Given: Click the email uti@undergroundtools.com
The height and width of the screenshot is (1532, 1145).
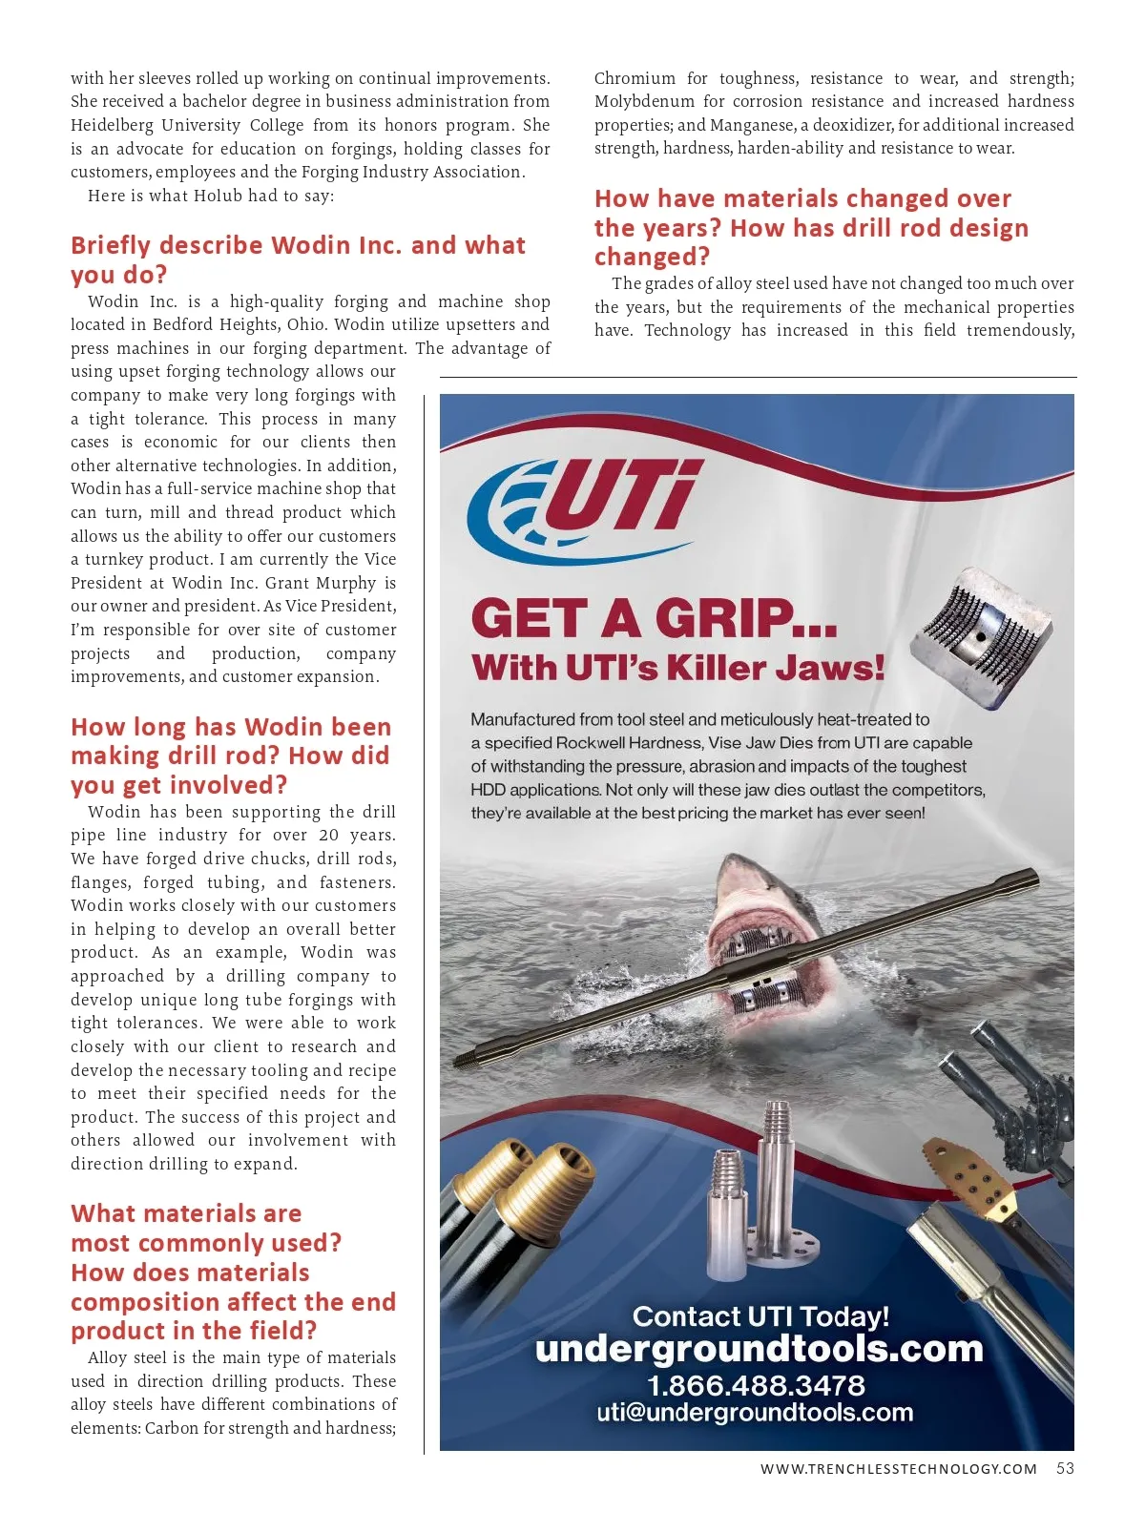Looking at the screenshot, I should click(755, 1412).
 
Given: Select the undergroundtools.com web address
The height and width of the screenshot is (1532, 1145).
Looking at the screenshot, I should click(759, 1349).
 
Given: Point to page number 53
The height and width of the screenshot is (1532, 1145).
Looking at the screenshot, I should click(1065, 1468).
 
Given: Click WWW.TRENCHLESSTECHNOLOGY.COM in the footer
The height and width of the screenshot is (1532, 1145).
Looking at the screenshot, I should click(898, 1469).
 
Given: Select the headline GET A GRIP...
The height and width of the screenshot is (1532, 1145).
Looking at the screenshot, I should click(654, 619).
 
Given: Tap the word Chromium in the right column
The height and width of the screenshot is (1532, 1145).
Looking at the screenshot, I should click(635, 78).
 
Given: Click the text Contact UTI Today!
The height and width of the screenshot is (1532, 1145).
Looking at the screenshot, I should click(760, 1316).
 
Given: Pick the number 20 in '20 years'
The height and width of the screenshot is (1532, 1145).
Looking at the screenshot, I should click(328, 835).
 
